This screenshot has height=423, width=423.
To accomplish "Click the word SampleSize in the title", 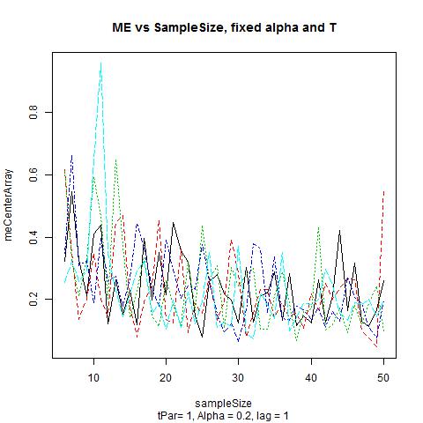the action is point(189,28).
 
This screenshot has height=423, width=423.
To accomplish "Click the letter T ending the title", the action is point(332,27).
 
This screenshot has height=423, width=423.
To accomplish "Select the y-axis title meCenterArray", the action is point(8,204).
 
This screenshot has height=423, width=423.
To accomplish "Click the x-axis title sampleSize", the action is point(223,403).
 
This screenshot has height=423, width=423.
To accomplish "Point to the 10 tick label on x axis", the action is point(93,377).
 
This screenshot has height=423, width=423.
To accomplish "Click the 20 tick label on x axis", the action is point(166,377).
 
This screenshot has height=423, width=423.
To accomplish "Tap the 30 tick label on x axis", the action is point(238,377).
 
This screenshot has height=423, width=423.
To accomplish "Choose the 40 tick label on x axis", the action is point(311,377).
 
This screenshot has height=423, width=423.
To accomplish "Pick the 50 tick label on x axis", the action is point(383,377).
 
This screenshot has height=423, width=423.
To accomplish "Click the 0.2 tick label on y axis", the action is point(33,299).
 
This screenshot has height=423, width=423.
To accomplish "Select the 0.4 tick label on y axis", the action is point(33,237).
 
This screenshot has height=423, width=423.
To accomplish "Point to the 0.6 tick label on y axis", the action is point(33,174).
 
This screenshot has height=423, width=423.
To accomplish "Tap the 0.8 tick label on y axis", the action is point(33,112).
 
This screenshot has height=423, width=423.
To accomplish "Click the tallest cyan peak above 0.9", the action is point(101,63).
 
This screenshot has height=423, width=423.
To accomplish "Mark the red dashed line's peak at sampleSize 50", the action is point(383,191).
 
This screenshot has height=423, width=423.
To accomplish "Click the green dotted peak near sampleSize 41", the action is point(318,227).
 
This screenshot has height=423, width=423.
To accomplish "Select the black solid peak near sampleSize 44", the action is point(340,231).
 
